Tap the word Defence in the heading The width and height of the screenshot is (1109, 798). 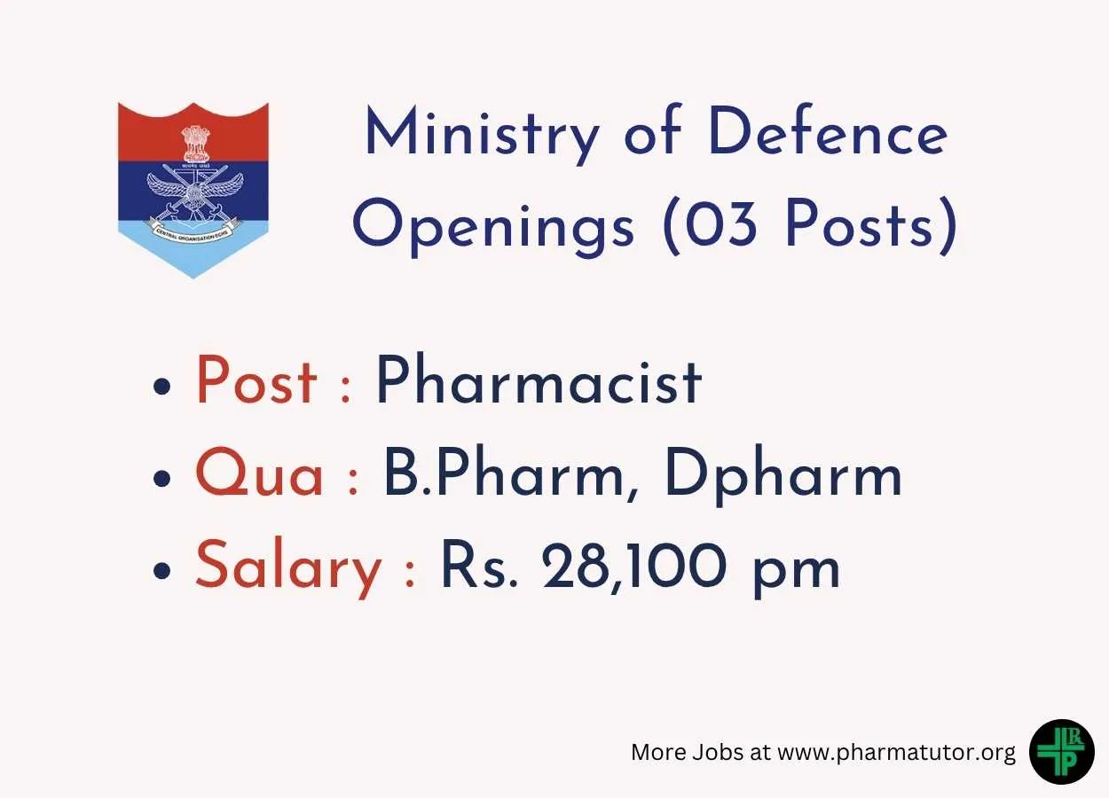[828, 129]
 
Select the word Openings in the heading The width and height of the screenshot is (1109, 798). [493, 227]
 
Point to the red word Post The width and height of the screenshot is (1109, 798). [256, 380]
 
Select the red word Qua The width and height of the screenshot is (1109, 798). [259, 471]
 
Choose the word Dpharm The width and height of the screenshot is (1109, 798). [783, 474]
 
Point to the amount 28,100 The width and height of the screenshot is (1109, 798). [634, 566]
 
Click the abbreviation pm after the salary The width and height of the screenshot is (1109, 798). [796, 573]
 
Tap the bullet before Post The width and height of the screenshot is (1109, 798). [161, 386]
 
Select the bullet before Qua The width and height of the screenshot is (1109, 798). [161, 478]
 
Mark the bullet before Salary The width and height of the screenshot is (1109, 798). [161, 570]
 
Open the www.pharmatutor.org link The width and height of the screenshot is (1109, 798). [897, 753]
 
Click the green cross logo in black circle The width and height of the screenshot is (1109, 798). [1062, 752]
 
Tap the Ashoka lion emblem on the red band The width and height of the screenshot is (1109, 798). [196, 143]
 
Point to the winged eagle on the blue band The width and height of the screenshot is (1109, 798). [195, 192]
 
